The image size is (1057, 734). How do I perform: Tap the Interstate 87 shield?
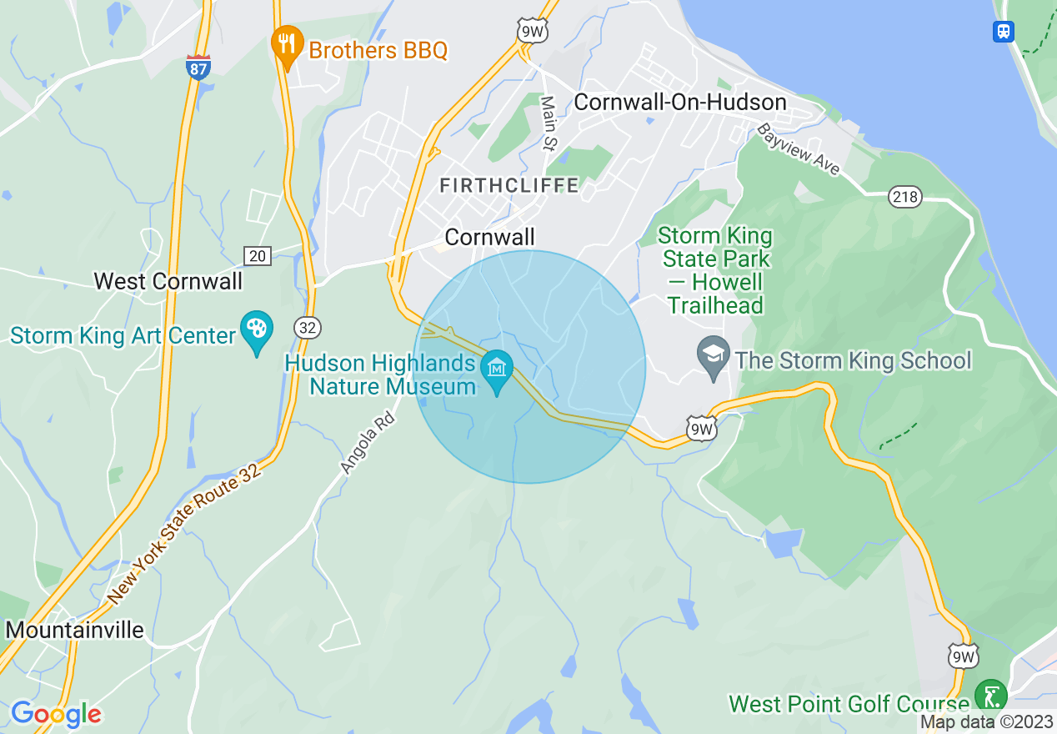point(198,68)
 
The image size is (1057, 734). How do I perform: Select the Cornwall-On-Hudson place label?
point(680,103)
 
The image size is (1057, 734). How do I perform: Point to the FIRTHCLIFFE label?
point(508,185)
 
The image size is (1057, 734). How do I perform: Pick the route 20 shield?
point(258,255)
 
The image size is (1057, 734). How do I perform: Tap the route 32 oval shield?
point(307,328)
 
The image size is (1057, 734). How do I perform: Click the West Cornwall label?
point(168,281)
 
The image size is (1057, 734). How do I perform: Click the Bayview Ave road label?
point(799,150)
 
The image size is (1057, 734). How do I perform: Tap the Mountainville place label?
point(75,630)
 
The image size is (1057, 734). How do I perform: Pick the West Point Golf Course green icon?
point(990,696)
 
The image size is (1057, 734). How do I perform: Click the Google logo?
point(56,714)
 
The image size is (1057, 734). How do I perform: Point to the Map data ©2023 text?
point(986,722)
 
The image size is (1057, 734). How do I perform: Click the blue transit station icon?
point(1004,32)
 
